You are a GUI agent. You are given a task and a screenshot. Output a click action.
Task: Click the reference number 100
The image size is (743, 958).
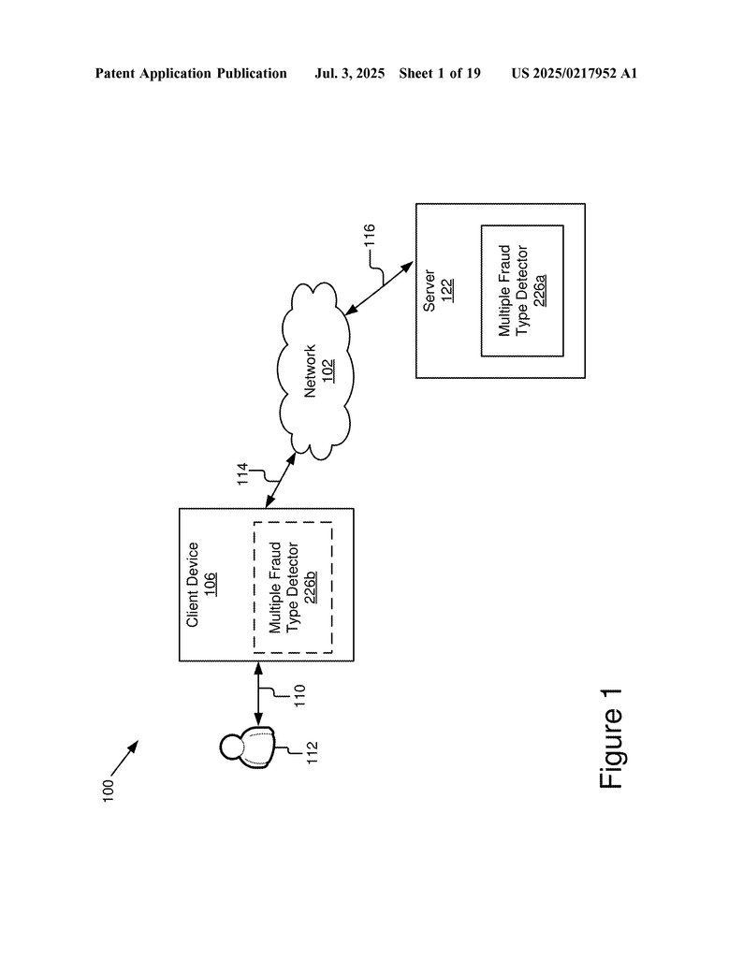point(108,790)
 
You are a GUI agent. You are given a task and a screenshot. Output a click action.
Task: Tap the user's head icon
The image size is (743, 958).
point(232,747)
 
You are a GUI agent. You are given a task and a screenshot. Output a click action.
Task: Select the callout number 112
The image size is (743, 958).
point(313,753)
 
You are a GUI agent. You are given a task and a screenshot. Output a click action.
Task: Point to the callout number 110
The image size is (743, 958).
point(299,695)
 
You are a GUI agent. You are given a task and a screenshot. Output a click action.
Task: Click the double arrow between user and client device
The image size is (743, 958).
point(258,694)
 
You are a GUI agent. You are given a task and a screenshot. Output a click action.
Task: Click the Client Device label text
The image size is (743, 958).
point(193,584)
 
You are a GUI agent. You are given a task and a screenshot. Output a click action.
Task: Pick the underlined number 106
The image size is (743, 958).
point(211,584)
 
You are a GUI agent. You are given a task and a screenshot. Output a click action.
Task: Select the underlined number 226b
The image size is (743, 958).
point(311,588)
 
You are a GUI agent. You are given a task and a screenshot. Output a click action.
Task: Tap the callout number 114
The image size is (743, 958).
point(242,474)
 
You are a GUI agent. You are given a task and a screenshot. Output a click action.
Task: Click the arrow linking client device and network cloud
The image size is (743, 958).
point(281,480)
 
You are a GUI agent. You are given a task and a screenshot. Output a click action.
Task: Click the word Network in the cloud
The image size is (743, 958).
point(311,370)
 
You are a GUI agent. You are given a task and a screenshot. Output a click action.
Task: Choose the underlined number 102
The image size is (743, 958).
point(328,370)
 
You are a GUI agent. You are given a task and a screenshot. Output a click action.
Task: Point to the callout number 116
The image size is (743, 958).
point(369,237)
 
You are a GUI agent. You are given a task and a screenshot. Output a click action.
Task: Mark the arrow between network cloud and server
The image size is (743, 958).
point(379,288)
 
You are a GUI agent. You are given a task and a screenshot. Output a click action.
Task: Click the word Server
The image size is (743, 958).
point(430,291)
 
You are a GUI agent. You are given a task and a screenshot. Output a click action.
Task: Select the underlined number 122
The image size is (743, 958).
point(447,291)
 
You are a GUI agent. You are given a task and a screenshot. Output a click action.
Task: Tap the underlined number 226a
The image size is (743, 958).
point(540,290)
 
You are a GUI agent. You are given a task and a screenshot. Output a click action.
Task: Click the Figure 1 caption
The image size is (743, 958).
point(611,738)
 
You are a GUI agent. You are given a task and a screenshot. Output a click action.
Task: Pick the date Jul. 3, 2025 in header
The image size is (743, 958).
point(349,73)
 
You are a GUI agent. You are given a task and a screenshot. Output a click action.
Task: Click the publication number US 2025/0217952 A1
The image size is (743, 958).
point(575,73)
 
